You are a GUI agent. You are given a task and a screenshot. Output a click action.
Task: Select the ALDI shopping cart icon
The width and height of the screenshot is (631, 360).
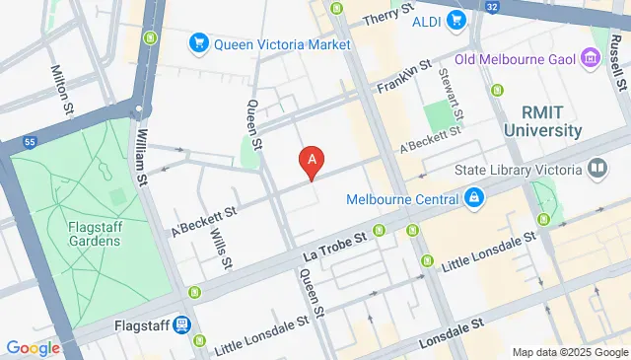coord(455,20)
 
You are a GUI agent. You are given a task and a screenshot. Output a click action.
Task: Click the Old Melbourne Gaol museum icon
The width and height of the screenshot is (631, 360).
coord(591,58)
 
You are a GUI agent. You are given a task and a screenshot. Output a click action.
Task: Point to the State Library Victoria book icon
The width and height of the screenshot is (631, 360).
coord(595,171)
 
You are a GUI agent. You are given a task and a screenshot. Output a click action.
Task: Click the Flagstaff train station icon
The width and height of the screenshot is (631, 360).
coord(182,324)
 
